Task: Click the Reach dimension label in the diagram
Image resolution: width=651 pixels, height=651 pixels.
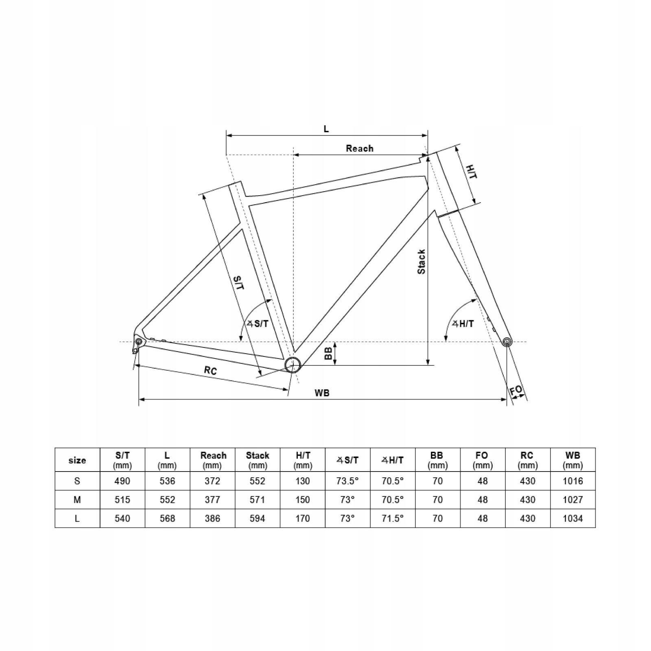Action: (360, 148)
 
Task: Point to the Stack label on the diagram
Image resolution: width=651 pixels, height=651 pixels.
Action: (422, 262)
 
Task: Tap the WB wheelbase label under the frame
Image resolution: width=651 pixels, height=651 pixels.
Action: (322, 393)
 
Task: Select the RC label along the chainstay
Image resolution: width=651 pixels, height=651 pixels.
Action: (210, 370)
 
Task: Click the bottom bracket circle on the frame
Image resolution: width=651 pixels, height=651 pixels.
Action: (292, 365)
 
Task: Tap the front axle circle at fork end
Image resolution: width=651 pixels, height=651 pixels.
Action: (507, 342)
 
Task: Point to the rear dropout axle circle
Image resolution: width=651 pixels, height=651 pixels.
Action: (138, 341)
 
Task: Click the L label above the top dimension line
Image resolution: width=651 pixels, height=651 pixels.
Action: (326, 129)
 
